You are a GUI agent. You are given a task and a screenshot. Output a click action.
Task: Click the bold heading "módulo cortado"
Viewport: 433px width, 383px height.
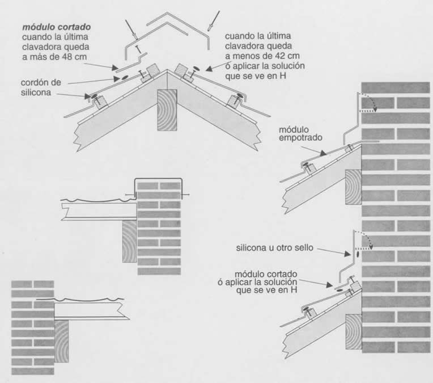click(56, 27)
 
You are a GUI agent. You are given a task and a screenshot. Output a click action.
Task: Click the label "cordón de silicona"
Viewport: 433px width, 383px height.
click(41, 87)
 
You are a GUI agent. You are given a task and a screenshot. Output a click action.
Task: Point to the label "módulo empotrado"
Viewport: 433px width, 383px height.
click(300, 133)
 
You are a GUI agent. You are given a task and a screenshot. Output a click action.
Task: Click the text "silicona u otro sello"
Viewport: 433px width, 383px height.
click(274, 248)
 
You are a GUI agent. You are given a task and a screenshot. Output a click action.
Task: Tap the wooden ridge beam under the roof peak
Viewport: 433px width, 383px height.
click(167, 110)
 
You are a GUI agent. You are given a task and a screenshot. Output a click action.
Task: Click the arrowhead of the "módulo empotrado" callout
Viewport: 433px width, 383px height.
click(324, 153)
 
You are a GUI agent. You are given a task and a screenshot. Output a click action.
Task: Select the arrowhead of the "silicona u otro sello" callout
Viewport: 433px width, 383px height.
click(347, 253)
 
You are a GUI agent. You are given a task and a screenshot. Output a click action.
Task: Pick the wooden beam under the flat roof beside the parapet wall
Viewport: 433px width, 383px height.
click(130, 241)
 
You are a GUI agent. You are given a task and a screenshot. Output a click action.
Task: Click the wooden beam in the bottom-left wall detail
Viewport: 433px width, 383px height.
click(61, 341)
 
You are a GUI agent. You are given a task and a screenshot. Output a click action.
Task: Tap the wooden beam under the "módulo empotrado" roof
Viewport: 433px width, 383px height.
click(353, 187)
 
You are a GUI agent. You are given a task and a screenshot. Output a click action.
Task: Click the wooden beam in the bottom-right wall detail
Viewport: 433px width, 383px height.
click(354, 331)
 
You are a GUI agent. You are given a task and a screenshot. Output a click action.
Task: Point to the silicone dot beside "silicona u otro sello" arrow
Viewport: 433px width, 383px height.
click(358, 254)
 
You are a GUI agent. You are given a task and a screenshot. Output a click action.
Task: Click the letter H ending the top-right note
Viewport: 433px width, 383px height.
click(282, 76)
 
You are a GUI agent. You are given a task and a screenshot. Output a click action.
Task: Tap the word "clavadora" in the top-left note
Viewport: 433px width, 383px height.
click(42, 47)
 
